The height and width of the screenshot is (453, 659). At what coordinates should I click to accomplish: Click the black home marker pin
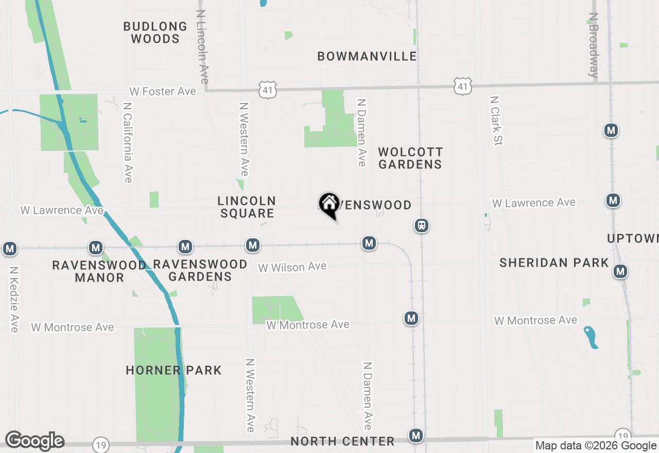pyautogui.click(x=329, y=205)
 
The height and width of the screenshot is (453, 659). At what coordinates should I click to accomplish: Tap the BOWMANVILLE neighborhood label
pyautogui.click(x=367, y=56)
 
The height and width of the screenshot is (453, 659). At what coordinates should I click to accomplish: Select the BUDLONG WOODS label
pyautogui.click(x=155, y=32)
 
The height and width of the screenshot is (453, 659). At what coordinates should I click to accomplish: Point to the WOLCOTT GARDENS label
pyautogui.click(x=410, y=158)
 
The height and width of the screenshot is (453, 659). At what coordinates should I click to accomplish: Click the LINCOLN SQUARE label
pyautogui.click(x=247, y=207)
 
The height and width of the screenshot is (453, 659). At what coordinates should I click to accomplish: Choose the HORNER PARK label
pyautogui.click(x=174, y=370)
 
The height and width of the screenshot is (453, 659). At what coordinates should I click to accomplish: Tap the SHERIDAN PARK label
pyautogui.click(x=554, y=263)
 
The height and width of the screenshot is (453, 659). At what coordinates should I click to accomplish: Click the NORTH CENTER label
pyautogui.click(x=342, y=441)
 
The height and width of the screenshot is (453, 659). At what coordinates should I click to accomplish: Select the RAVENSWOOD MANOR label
pyautogui.click(x=99, y=271)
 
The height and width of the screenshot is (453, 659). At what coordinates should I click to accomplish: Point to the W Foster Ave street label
pyautogui.click(x=163, y=91)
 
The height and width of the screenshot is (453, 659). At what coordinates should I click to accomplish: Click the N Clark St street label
pyautogui.click(x=496, y=120)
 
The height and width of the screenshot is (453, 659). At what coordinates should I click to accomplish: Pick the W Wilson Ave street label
pyautogui.click(x=292, y=267)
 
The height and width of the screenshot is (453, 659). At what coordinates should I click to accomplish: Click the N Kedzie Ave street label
pyautogui.click(x=14, y=299)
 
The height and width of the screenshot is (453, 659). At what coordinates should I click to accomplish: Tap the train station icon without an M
pyautogui.click(x=422, y=225)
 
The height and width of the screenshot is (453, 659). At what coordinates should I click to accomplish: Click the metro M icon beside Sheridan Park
pyautogui.click(x=620, y=271)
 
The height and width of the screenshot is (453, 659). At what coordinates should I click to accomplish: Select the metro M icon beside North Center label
pyautogui.click(x=416, y=436)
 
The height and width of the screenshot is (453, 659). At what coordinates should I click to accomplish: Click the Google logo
pyautogui.click(x=34, y=441)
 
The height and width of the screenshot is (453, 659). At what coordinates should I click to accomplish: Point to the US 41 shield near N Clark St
pyautogui.click(x=463, y=86)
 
